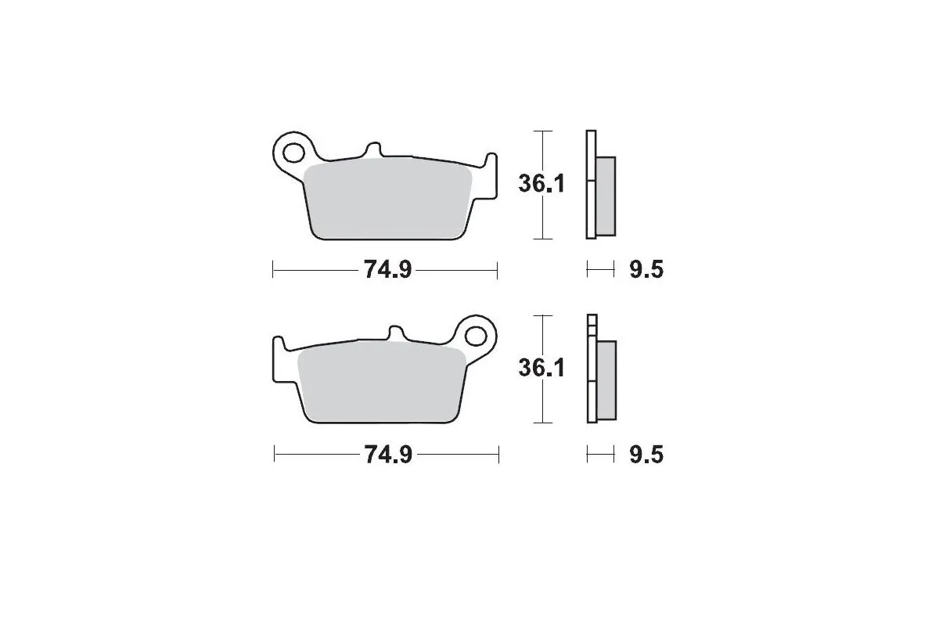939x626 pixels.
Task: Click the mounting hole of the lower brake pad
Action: click(x=475, y=335)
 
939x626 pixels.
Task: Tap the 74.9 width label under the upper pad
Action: click(x=383, y=271)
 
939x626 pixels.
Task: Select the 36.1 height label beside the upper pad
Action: click(x=541, y=184)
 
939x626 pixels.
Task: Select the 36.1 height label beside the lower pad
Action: click(x=541, y=368)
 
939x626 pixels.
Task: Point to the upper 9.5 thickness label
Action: click(x=646, y=271)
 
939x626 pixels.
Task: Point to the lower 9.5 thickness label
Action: click(x=646, y=455)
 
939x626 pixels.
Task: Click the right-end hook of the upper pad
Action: click(x=490, y=168)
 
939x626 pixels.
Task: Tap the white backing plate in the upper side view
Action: click(x=591, y=184)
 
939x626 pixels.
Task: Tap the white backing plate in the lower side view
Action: click(x=592, y=368)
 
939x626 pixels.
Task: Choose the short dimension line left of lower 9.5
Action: click(x=600, y=455)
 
